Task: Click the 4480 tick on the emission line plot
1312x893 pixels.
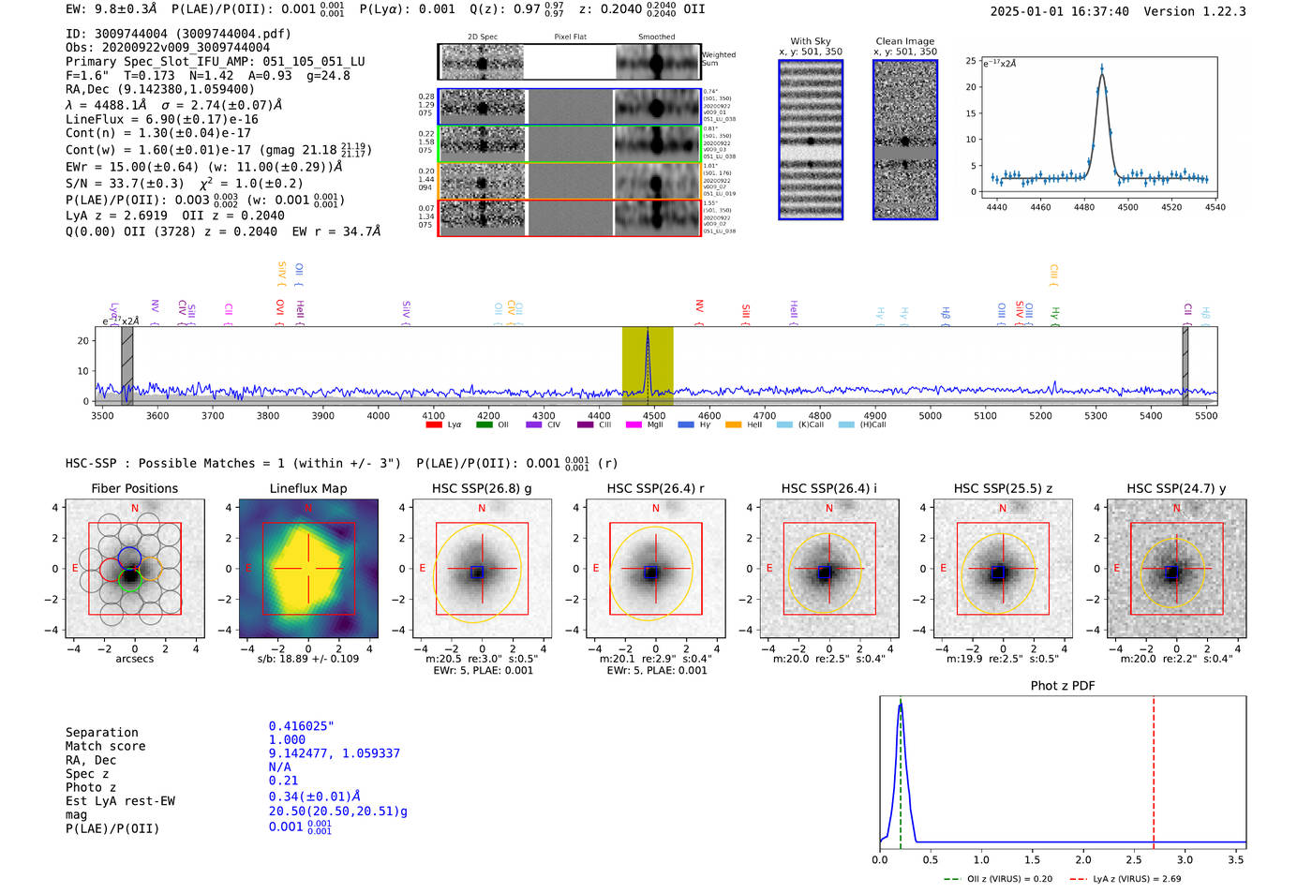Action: (1084, 207)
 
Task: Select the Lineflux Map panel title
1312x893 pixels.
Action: (307, 488)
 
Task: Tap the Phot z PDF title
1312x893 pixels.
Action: (1063, 686)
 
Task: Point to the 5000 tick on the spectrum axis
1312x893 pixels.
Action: (930, 415)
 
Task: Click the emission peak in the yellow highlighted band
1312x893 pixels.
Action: (648, 332)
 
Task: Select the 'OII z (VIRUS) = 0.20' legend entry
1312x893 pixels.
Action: (1000, 879)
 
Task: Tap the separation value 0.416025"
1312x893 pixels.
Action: (301, 726)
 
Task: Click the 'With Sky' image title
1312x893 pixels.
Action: (810, 41)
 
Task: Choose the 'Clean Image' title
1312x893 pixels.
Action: (904, 41)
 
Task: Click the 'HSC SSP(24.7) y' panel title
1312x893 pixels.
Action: (1176, 488)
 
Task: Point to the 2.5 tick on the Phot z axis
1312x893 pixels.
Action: (1134, 859)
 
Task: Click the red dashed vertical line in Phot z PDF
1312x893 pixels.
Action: (1154, 768)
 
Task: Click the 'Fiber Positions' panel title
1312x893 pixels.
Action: (134, 488)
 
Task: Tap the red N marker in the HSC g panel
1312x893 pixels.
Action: (482, 508)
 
